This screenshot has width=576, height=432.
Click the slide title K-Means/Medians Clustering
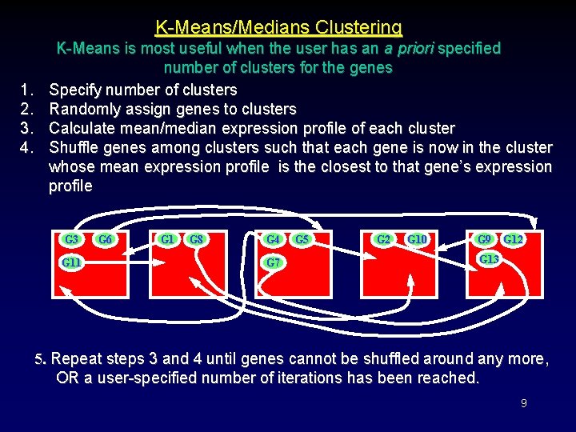point(278,27)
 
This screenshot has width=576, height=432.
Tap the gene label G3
point(72,239)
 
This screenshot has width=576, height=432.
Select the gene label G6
point(105,239)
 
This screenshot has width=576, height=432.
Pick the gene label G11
point(74,262)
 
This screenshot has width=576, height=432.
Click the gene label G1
point(168,239)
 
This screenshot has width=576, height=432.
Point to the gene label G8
point(197,239)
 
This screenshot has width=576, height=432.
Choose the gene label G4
point(274,239)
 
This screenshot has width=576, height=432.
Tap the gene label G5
point(302,239)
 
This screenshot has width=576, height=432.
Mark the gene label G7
point(274,262)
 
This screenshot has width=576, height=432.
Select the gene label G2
point(384,239)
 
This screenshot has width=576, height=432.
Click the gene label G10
point(417,239)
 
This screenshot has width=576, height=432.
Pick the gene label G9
point(484,239)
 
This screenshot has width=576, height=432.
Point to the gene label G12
point(513,239)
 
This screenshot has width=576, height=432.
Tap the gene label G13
point(489,260)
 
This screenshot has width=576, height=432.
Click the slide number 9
point(523,403)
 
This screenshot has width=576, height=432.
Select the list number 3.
point(26,128)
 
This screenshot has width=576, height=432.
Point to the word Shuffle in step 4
point(74,147)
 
